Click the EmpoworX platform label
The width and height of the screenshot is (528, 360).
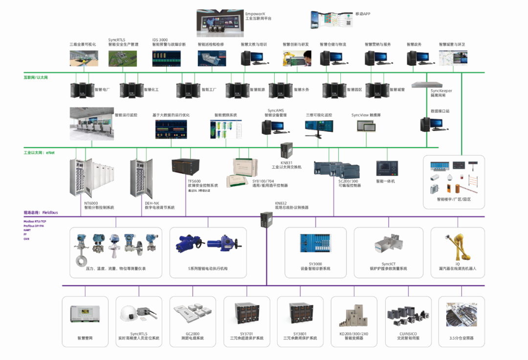pos(258,16)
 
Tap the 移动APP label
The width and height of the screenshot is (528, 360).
pos(362,14)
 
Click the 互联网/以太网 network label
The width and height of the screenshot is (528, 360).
pos(36,77)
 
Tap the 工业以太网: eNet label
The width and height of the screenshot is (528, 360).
pos(39,153)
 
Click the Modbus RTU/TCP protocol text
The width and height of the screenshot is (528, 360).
pos(35,222)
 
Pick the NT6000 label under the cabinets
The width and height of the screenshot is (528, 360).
pos(91,203)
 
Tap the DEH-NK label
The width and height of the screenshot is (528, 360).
pos(152,203)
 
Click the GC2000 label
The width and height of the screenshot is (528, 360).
pos(192,334)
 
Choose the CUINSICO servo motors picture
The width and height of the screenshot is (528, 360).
pos(407,316)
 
